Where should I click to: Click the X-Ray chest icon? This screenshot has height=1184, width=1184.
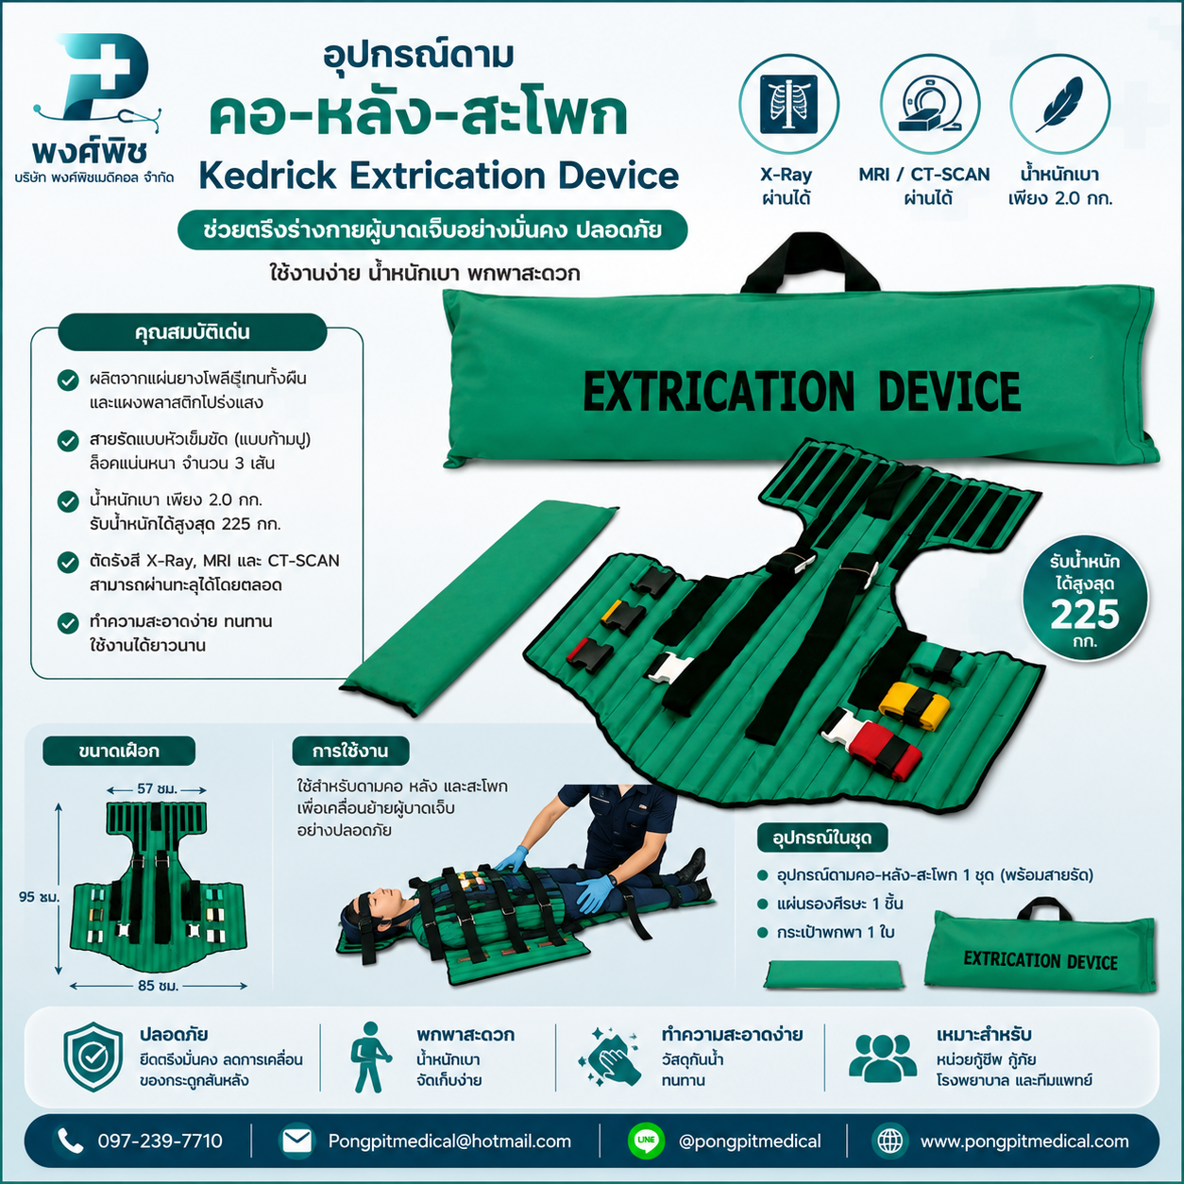click(788, 103)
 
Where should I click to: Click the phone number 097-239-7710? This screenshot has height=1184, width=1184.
click(160, 1141)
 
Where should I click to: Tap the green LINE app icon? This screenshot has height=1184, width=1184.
click(646, 1141)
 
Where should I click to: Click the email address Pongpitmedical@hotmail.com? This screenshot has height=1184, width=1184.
click(449, 1141)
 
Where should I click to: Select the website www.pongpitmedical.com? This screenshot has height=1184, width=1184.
click(1024, 1141)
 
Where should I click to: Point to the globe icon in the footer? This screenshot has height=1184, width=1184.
click(889, 1141)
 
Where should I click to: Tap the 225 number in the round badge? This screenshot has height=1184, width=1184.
click(1085, 614)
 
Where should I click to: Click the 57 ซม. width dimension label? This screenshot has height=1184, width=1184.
click(157, 789)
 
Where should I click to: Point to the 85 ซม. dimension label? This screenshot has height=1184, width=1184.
click(158, 986)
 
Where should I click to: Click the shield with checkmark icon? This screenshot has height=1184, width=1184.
click(93, 1057)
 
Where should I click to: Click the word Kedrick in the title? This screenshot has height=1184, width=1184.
click(268, 176)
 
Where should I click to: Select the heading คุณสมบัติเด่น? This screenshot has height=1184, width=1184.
click(193, 332)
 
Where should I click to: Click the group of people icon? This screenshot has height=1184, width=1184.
click(882, 1057)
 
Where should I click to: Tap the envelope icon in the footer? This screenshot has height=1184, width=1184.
click(296, 1141)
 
